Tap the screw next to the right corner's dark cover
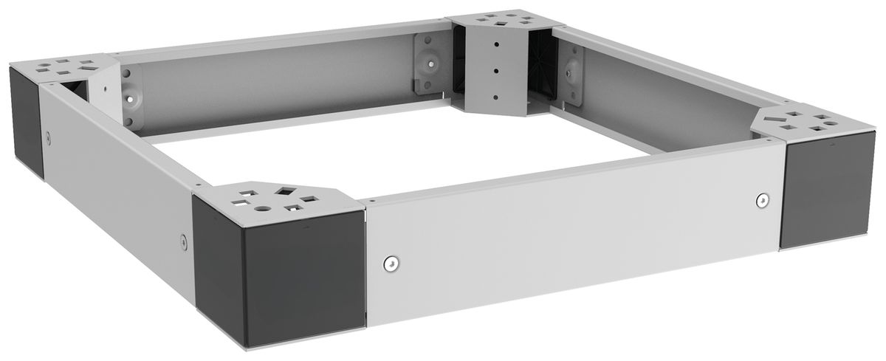pos(762,199)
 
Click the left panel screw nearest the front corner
pos(182,238)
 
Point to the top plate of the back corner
pos(495,21)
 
